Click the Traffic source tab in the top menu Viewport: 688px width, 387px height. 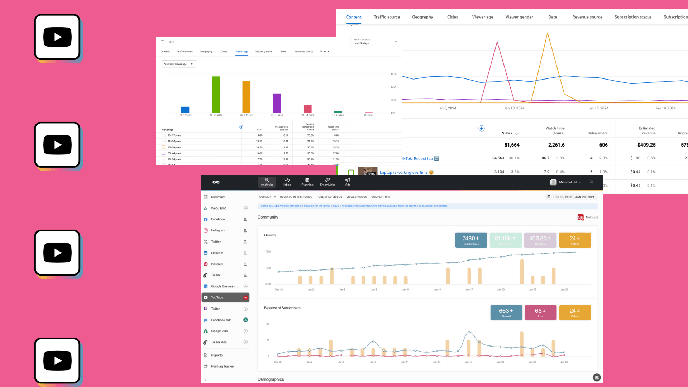[x=387, y=17]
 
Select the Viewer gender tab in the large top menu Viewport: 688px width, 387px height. [x=519, y=17]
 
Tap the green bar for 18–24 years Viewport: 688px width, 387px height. [x=216, y=95]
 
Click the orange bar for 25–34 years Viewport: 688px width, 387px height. [x=246, y=97]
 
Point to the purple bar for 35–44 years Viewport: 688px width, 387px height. [x=277, y=103]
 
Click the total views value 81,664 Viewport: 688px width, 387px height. [x=512, y=145]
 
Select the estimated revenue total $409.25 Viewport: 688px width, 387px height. [x=646, y=145]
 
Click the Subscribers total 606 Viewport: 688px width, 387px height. [x=603, y=145]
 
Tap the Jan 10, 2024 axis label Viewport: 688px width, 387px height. [x=513, y=108]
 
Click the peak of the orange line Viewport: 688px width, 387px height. [x=547, y=34]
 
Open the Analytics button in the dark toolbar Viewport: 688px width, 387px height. [x=267, y=182]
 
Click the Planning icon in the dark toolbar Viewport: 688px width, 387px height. [x=307, y=182]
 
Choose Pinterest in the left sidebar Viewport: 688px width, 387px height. [x=217, y=264]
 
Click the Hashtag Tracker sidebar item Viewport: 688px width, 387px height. [x=222, y=366]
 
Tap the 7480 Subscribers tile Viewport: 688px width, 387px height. [x=471, y=240]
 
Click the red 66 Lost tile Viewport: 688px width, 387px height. [x=540, y=312]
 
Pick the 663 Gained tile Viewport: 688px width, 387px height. [x=506, y=312]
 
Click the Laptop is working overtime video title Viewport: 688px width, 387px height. [x=403, y=172]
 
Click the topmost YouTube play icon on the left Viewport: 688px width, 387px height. [x=57, y=37]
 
